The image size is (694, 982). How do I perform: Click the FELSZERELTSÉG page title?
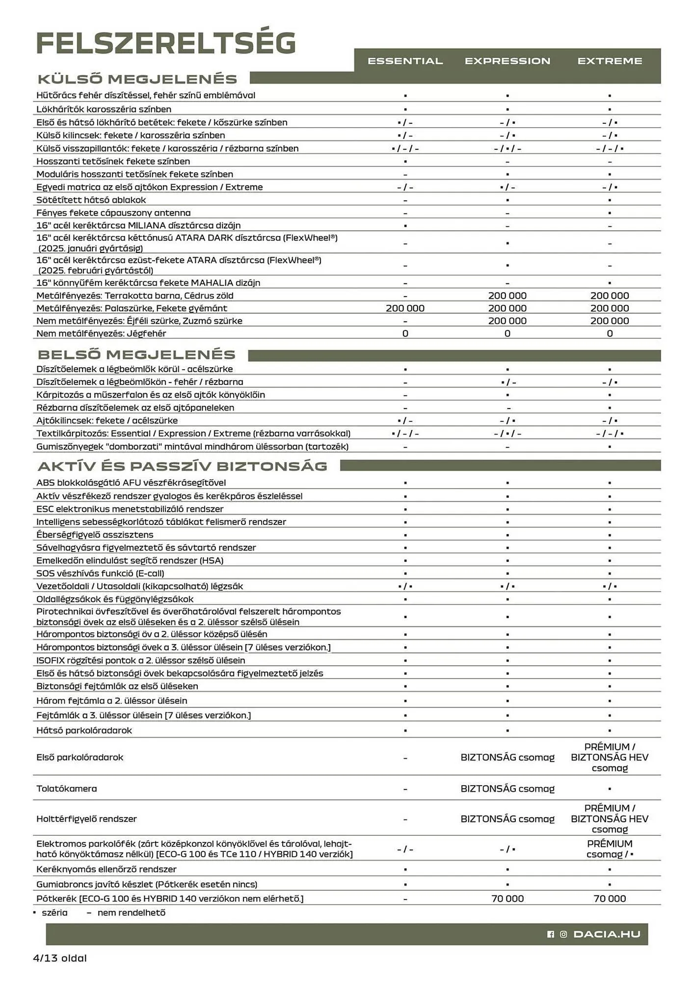[x=166, y=43]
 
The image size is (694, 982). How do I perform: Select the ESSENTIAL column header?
[x=405, y=61]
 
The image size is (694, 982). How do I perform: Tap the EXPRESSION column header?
[x=507, y=61]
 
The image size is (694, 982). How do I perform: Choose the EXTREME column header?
[x=610, y=61]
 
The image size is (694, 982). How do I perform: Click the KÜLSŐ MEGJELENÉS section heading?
[x=137, y=79]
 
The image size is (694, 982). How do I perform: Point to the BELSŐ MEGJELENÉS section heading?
[x=136, y=355]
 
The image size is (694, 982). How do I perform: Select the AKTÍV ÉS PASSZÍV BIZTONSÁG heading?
[x=182, y=466]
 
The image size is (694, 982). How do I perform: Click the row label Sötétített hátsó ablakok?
[x=91, y=200]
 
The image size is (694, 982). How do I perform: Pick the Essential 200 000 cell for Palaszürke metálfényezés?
[x=405, y=308]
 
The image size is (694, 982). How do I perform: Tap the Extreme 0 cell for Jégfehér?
[x=610, y=333]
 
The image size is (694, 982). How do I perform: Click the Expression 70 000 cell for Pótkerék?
[x=507, y=899]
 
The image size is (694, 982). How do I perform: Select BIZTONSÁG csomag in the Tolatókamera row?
[x=507, y=789]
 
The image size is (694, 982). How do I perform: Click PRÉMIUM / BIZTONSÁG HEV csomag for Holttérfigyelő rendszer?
[x=610, y=818]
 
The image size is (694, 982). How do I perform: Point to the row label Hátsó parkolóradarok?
[x=84, y=730]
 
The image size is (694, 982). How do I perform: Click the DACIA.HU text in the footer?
[x=607, y=934]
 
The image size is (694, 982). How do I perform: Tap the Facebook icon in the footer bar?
[x=550, y=934]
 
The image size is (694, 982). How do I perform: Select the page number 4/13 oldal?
[x=59, y=958]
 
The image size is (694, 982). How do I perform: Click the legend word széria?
[x=54, y=913]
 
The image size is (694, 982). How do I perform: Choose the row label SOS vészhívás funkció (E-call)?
[x=100, y=573]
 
